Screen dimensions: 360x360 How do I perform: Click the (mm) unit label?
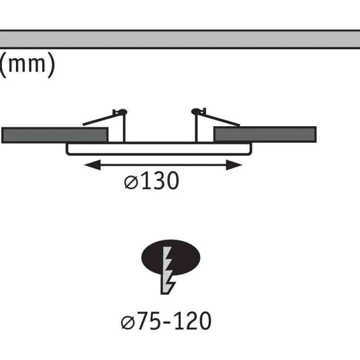(27, 65)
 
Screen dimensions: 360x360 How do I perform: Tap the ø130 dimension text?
(151, 181)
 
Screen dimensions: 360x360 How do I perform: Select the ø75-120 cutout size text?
(166, 321)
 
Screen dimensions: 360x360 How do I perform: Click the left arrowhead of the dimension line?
(92, 165)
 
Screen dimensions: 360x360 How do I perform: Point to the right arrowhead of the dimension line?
(234, 165)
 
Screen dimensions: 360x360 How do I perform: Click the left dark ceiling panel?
(55, 135)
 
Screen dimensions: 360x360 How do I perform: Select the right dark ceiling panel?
(265, 134)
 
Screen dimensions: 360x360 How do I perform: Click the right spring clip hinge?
(198, 111)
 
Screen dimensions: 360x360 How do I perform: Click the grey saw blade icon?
(168, 271)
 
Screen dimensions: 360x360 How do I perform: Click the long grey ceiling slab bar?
(180, 39)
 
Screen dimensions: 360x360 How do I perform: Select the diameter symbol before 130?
(131, 183)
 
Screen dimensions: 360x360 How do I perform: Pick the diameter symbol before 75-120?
(128, 323)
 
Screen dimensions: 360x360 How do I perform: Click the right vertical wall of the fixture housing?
(196, 128)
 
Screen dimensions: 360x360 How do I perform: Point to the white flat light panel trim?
(159, 150)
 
